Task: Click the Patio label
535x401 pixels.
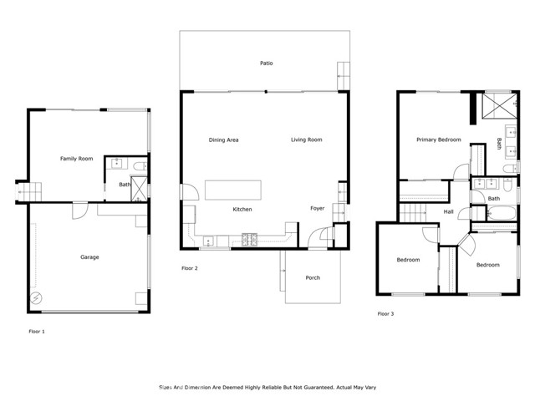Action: (x=266, y=63)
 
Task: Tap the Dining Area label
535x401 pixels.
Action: (x=223, y=140)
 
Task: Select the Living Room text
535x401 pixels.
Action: (x=306, y=140)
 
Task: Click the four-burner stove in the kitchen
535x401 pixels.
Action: (x=248, y=241)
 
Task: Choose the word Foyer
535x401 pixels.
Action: (x=317, y=208)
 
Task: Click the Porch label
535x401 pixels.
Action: (x=313, y=277)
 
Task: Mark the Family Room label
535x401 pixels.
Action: (x=76, y=158)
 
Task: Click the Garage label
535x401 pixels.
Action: (x=89, y=256)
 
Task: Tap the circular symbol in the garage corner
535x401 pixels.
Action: (x=37, y=298)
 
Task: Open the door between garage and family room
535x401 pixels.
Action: (x=78, y=209)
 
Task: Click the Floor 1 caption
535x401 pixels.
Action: (x=37, y=331)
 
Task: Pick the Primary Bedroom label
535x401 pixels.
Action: (x=438, y=140)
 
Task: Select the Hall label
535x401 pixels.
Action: (x=448, y=212)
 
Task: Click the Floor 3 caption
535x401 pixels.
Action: (x=385, y=313)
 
